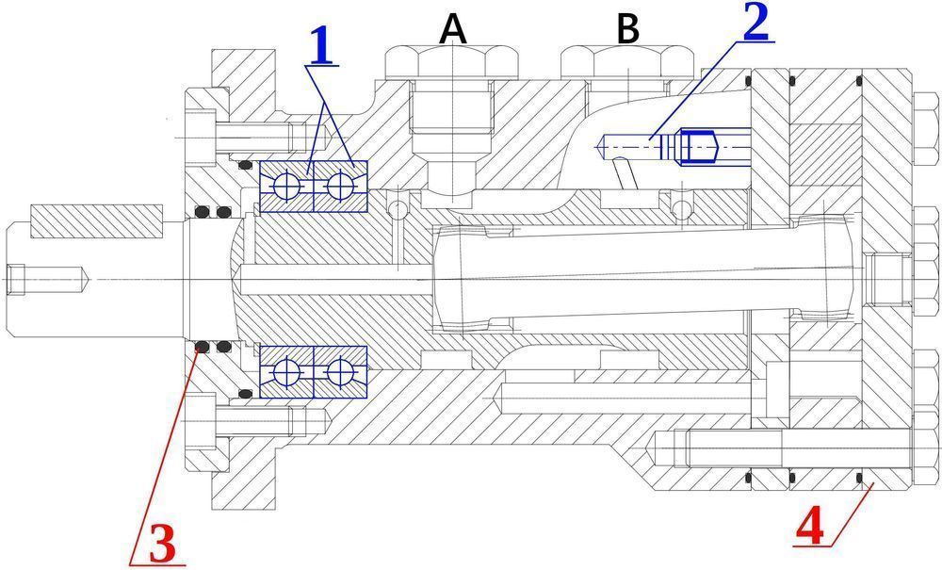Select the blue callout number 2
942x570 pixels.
(756, 24)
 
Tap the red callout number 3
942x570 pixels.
(159, 544)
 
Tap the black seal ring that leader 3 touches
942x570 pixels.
(200, 349)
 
